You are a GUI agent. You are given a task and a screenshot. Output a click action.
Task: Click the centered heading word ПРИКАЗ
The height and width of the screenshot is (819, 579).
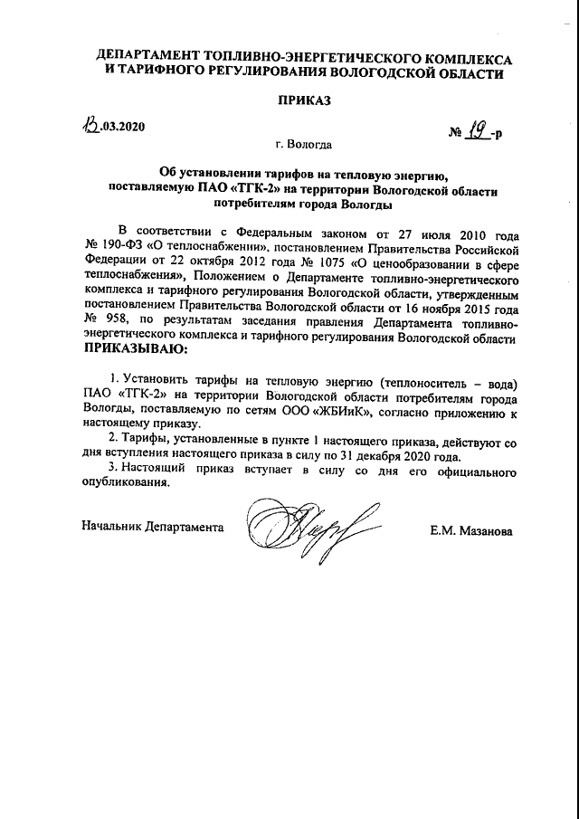coord(306,101)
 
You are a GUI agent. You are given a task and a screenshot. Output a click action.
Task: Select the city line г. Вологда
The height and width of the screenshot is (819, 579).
coord(304,145)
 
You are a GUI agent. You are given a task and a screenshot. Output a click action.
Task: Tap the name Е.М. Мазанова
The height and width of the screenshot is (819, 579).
coord(470,531)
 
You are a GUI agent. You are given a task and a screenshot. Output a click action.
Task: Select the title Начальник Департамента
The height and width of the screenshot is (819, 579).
coord(152,526)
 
